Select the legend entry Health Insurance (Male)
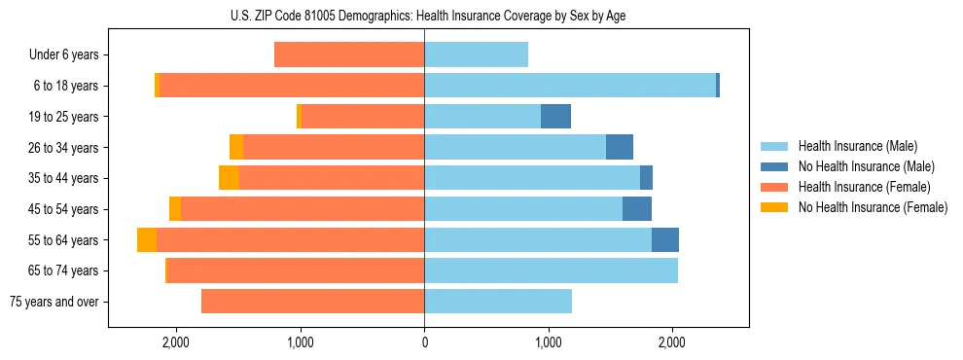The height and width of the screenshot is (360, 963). click(857, 146)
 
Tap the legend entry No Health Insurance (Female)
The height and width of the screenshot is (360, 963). click(873, 207)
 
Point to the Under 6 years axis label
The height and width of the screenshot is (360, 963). click(63, 55)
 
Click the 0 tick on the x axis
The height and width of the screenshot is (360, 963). click(424, 342)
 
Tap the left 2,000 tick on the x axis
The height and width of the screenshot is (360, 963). click(176, 342)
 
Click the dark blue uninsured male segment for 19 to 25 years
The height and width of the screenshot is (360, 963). click(555, 117)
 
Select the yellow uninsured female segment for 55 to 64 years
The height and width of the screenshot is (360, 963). click(147, 240)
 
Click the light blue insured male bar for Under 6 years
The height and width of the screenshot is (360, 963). click(476, 55)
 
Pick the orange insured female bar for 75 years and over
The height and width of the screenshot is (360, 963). click(312, 302)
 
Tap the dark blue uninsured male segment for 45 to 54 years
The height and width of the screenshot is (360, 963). click(637, 209)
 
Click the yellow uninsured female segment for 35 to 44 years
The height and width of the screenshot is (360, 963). click(229, 178)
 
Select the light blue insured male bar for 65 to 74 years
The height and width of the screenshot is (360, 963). click(551, 270)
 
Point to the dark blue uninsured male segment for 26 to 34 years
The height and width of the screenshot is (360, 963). click(620, 148)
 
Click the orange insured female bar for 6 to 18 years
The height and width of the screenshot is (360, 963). click(291, 86)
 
